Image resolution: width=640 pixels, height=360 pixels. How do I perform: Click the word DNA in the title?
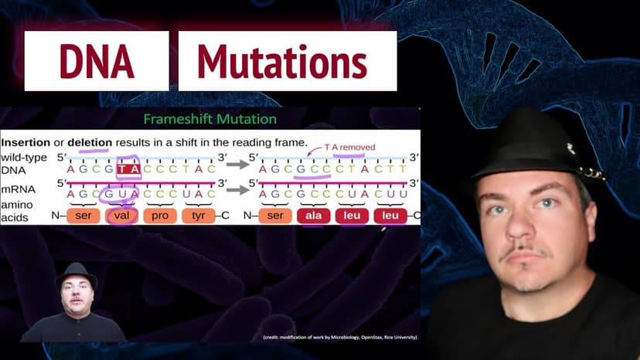(97, 62)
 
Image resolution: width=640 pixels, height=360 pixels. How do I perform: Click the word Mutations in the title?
(281, 62)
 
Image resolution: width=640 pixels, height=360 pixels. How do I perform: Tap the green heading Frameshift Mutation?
(210, 120)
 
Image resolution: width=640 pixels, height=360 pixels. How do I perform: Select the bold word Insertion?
(30, 144)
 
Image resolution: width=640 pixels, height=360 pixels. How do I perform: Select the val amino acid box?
(121, 216)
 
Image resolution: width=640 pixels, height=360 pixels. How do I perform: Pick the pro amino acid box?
(160, 216)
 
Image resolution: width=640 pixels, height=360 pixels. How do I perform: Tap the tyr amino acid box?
(199, 216)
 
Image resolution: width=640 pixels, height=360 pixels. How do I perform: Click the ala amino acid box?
(314, 216)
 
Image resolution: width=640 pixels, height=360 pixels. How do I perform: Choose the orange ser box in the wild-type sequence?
(83, 216)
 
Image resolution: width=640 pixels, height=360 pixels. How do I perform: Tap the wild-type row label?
(24, 158)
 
